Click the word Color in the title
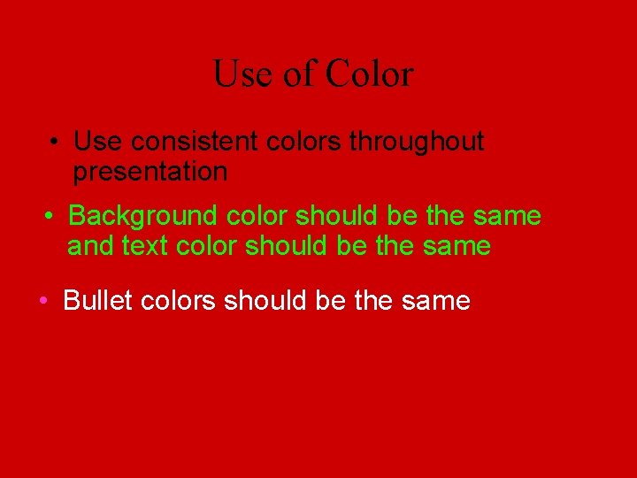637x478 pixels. click(x=369, y=73)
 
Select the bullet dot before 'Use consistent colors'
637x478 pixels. click(x=55, y=142)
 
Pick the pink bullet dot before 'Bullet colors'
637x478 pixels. click(x=43, y=301)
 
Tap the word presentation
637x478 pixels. click(x=150, y=172)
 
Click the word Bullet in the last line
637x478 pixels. click(x=98, y=301)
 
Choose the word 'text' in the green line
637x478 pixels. click(x=146, y=246)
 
